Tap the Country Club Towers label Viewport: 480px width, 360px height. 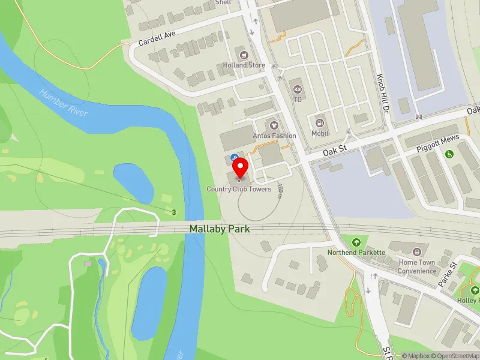(239, 189)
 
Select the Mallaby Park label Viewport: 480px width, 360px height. (220, 229)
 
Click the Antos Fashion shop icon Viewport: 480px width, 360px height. (275, 125)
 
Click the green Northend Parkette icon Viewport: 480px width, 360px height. (356, 242)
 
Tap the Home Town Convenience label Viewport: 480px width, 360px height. (418, 266)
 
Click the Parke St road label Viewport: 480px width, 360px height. (447, 273)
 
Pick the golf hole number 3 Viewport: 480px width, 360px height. (174, 212)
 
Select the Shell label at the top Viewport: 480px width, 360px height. (223, 2)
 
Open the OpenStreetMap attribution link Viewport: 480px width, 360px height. (454, 356)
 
